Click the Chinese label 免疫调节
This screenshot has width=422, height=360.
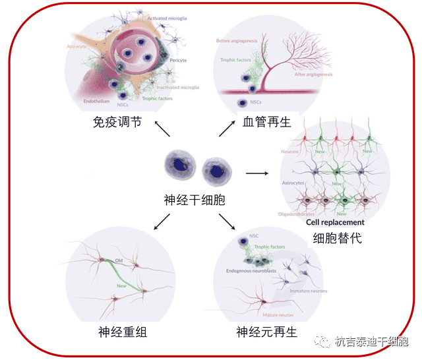pyautogui.click(x=117, y=122)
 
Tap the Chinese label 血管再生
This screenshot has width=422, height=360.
pyautogui.click(x=266, y=122)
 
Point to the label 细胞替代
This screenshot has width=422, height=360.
pyautogui.click(x=338, y=238)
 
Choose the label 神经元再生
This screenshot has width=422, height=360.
pyautogui.click(x=267, y=332)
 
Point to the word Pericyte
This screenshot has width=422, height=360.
pyautogui.click(x=177, y=60)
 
